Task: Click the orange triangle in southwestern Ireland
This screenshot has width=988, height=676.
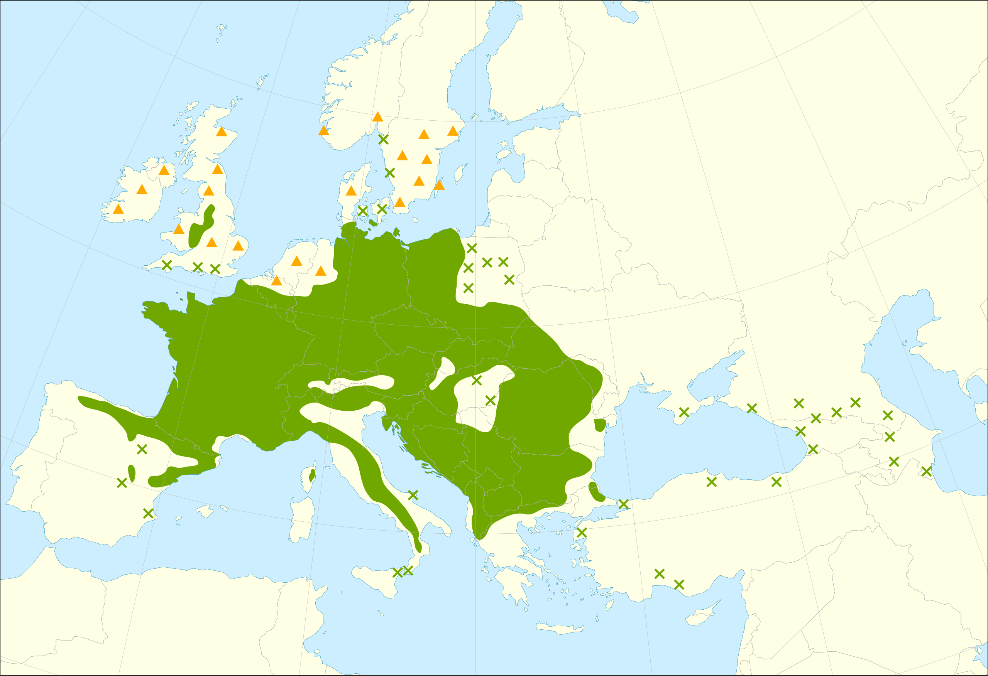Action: coord(118,209)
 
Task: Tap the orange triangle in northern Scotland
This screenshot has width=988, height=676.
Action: coord(221,132)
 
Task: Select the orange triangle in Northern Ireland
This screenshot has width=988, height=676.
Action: coord(164,170)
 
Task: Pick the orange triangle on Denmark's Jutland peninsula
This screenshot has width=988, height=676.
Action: coord(351,191)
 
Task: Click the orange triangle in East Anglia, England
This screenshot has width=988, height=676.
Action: coord(238,246)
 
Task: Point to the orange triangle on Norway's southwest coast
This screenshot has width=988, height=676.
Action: coord(323,130)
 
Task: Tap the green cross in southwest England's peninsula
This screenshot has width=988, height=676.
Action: coord(167,265)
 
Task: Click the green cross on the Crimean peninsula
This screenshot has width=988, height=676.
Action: coord(684,412)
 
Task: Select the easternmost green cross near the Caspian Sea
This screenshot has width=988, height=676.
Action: coord(926,471)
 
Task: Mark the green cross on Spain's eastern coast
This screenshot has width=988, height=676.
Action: coord(148,513)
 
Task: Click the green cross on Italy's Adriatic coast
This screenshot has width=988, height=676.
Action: coord(413,495)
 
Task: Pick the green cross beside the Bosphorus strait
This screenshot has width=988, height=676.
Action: coord(623,504)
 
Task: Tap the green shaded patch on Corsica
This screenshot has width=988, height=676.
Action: coord(312,475)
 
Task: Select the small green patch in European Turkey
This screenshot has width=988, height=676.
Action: coord(596,492)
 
